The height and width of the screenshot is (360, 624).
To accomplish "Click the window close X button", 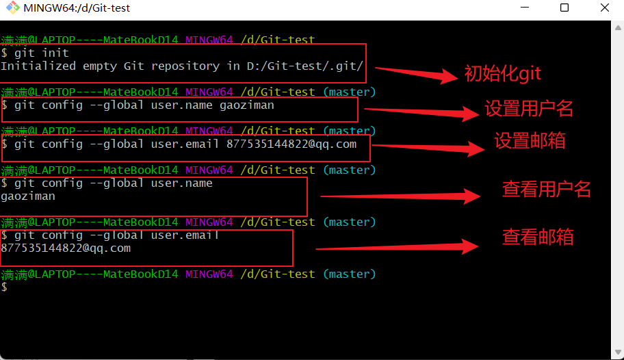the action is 605,8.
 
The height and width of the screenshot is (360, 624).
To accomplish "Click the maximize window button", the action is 564,8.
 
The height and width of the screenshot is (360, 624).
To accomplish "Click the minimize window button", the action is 525,7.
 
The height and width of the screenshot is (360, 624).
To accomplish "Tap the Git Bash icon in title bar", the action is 13,8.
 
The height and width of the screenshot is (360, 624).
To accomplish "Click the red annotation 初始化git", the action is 503,74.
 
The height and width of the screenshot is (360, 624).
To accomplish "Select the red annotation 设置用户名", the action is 528,108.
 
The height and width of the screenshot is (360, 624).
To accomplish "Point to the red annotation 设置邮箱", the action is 530,140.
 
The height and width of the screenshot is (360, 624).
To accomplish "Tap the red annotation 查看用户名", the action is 547,189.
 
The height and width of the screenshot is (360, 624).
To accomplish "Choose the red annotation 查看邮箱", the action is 538,237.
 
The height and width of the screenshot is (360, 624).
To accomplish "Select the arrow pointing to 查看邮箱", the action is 397,247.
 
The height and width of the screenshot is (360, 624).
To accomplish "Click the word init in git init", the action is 55,53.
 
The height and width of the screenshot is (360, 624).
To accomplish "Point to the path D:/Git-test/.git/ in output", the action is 305,66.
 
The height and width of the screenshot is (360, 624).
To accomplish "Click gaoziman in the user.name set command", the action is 247,105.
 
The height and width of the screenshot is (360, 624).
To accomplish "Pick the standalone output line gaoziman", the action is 28,196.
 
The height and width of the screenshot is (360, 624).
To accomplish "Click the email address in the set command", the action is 291,144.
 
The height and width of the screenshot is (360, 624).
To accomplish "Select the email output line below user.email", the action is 66,248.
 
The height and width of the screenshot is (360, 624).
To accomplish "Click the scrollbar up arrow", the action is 618,28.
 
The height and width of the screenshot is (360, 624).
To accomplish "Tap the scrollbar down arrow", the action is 618,352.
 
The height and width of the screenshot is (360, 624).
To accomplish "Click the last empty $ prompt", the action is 4,287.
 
